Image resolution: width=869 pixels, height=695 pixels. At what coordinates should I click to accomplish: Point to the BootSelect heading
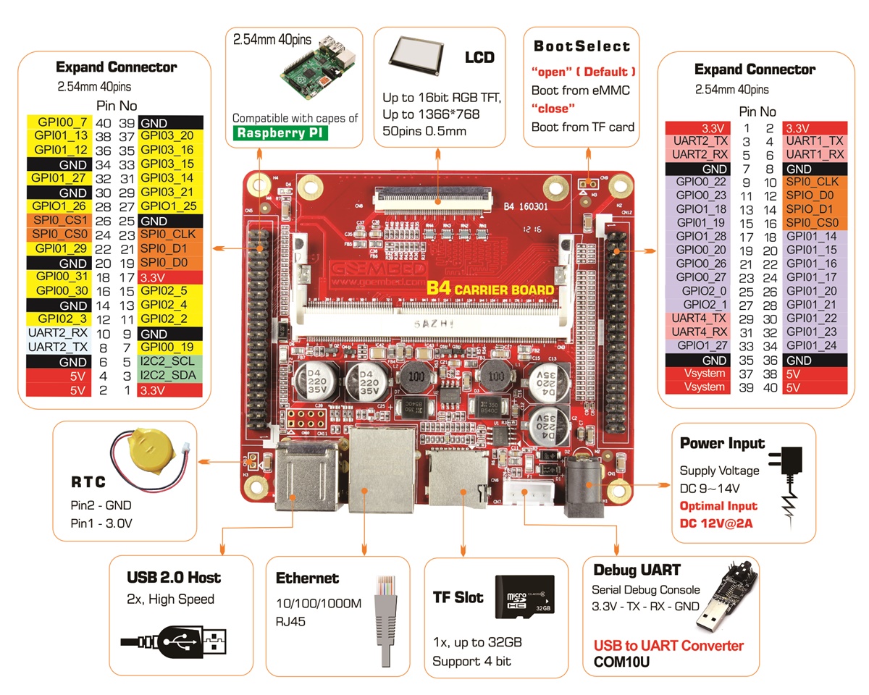click(582, 46)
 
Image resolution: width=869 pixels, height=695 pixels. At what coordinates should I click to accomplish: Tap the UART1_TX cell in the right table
click(814, 141)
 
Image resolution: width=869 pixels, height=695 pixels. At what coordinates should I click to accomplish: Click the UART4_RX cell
click(700, 332)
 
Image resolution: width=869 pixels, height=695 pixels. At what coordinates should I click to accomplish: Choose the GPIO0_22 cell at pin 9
click(700, 182)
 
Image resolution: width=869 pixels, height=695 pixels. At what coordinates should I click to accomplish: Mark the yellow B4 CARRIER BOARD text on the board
click(490, 289)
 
